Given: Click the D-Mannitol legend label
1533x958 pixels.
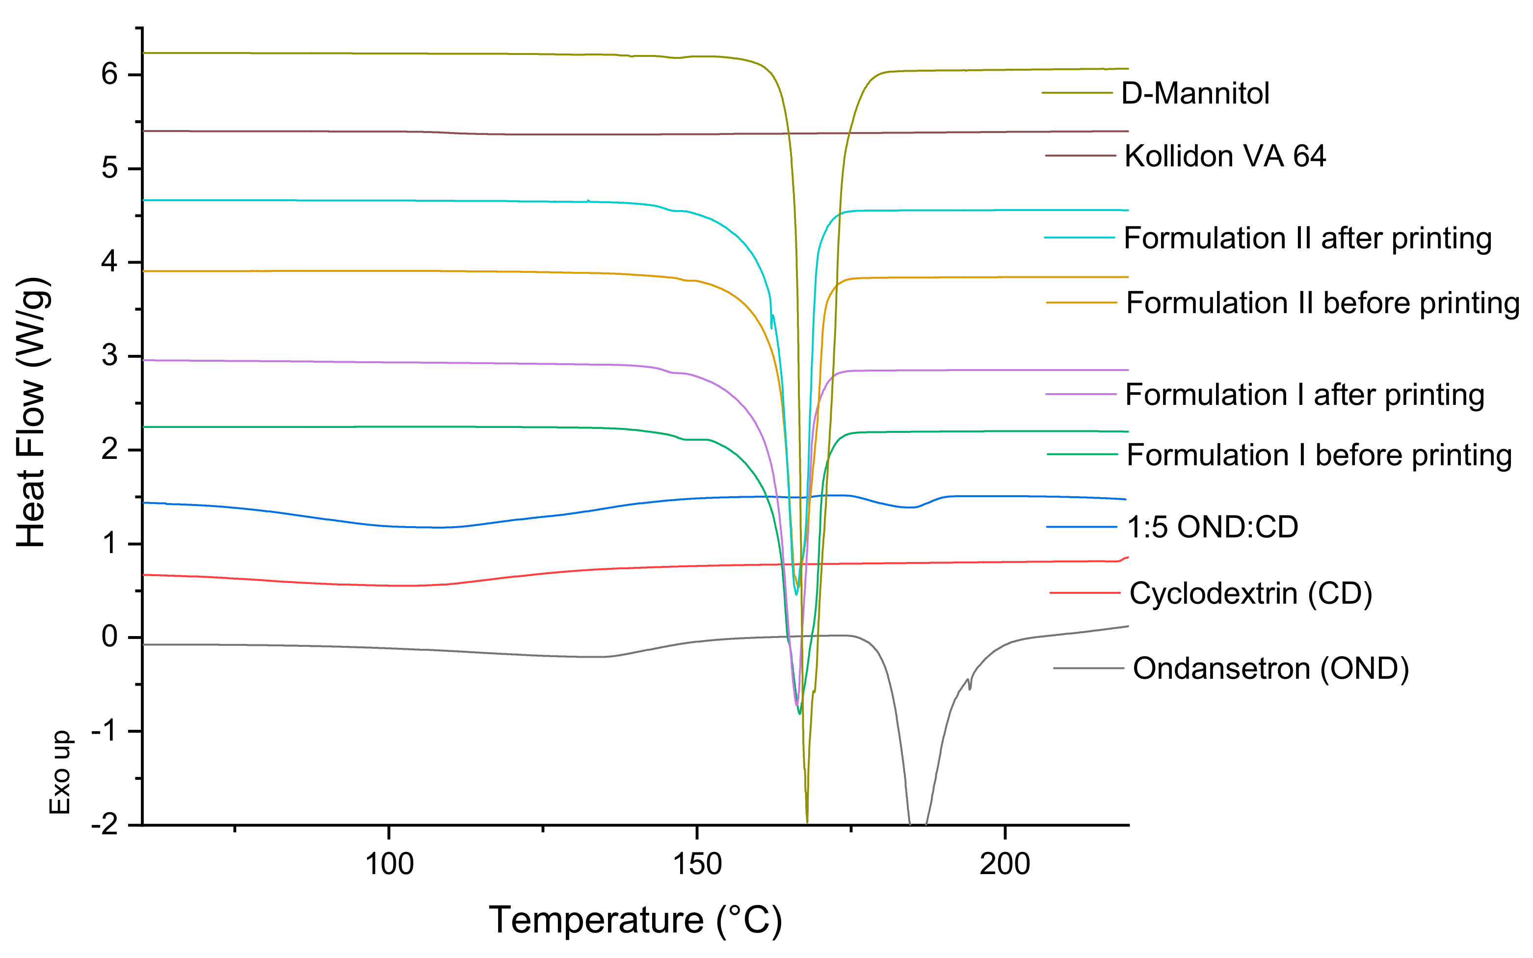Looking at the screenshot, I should (1195, 94).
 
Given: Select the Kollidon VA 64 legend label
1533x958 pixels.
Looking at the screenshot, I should (1224, 156).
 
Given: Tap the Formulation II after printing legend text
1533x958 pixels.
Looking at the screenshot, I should (1307, 238).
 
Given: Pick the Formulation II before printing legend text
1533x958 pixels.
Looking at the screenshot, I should (1322, 303).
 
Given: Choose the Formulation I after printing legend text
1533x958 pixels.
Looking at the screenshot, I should (1304, 395).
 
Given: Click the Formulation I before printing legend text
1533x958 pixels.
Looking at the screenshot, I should (1319, 455).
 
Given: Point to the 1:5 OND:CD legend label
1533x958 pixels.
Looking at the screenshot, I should (1213, 527).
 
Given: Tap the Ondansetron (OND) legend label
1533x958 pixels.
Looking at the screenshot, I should (1271, 668).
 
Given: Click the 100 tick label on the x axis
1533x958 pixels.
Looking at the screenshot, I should (389, 864).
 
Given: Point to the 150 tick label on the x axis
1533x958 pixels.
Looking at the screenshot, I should (697, 864).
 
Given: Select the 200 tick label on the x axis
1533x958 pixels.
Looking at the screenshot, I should (1004, 864).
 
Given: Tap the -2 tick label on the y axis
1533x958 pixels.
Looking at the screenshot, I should (105, 825).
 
